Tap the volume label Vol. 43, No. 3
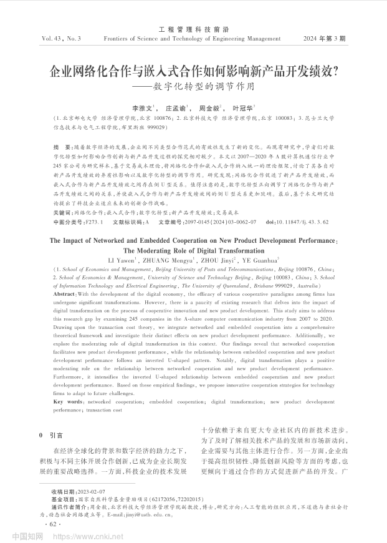point(62,39)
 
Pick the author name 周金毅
point(209,107)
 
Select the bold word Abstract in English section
point(65,293)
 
